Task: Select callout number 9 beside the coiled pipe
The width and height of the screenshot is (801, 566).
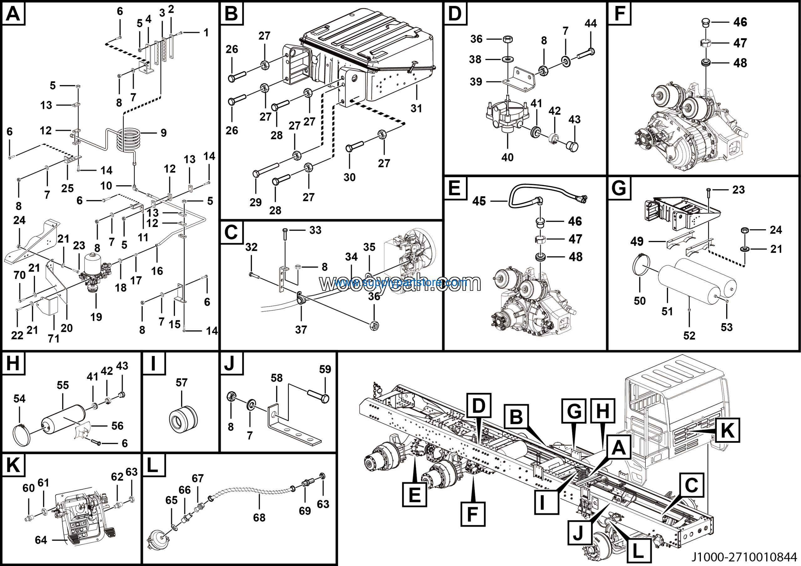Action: coord(163,133)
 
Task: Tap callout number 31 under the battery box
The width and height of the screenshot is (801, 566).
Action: coord(416,109)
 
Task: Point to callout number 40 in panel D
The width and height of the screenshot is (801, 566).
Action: coord(507,157)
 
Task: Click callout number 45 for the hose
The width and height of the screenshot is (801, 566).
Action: coord(479,201)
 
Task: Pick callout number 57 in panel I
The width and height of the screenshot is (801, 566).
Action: coord(181,383)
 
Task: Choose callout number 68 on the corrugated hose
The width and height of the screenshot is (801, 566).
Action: coord(259,517)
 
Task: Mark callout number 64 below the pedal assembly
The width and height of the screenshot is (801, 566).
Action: coord(41,540)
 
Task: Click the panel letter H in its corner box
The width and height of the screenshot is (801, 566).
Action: coord(13,363)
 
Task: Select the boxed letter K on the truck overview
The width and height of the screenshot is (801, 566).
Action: coord(727,430)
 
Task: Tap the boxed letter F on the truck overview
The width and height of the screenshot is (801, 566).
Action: coord(472,514)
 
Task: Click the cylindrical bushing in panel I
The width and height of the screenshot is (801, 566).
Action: coord(183,418)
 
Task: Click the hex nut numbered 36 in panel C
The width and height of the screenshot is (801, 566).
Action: coord(374,326)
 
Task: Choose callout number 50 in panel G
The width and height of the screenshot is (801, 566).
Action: coord(640,301)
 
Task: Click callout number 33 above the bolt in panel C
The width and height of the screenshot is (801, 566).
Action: coord(315,230)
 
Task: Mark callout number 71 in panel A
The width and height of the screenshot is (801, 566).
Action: coord(54,338)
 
